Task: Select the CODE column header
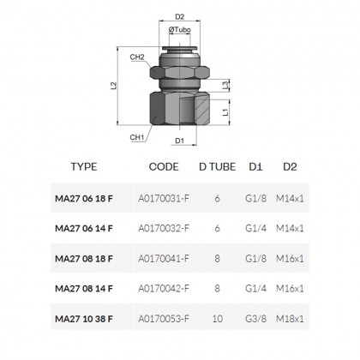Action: click(164, 169)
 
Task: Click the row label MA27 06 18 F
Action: click(83, 200)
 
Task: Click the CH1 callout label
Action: click(136, 135)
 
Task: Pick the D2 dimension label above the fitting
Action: click(180, 15)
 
